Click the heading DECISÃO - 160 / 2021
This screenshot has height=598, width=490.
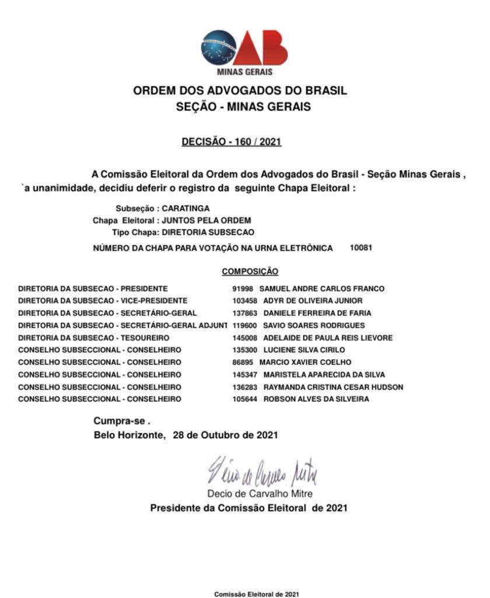(x=232, y=142)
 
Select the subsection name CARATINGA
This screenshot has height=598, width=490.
(x=185, y=208)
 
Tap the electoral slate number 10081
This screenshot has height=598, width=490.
(x=361, y=248)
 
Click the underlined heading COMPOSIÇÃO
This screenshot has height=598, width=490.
(x=250, y=272)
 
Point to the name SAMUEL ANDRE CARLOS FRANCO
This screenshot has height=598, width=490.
(x=321, y=288)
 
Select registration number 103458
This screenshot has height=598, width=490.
(x=244, y=301)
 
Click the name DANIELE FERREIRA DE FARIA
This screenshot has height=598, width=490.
(x=317, y=313)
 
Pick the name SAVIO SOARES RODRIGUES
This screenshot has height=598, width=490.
(x=314, y=325)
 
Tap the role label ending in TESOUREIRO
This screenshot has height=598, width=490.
(x=94, y=338)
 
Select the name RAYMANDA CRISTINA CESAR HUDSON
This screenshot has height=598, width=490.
(x=333, y=387)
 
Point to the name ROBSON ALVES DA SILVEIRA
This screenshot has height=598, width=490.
(x=316, y=399)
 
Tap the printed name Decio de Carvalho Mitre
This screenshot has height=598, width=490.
(x=260, y=494)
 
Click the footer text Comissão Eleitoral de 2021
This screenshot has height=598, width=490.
(x=257, y=594)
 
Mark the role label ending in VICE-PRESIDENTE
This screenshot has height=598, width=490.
(x=103, y=301)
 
